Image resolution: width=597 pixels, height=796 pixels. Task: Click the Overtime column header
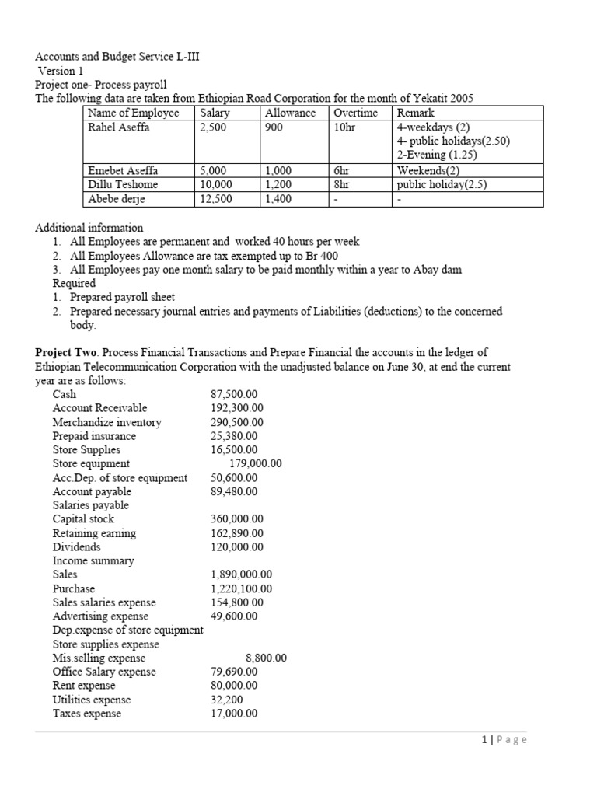(x=354, y=113)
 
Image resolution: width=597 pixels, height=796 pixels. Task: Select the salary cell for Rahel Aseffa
(x=213, y=127)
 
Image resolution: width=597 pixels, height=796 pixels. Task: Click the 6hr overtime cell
(x=342, y=170)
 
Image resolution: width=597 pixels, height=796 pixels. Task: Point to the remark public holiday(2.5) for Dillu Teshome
(x=442, y=184)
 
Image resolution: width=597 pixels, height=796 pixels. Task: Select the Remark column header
(x=415, y=113)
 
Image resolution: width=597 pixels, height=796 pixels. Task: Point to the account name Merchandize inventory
(x=106, y=422)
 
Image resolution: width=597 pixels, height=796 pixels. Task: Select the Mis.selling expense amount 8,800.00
(x=266, y=658)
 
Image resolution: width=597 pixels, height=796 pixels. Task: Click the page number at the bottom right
(x=503, y=740)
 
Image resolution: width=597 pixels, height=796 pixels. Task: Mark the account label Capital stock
(x=83, y=518)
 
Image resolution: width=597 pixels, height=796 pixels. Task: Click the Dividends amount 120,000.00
(x=237, y=546)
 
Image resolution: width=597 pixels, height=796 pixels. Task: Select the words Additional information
(x=89, y=228)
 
